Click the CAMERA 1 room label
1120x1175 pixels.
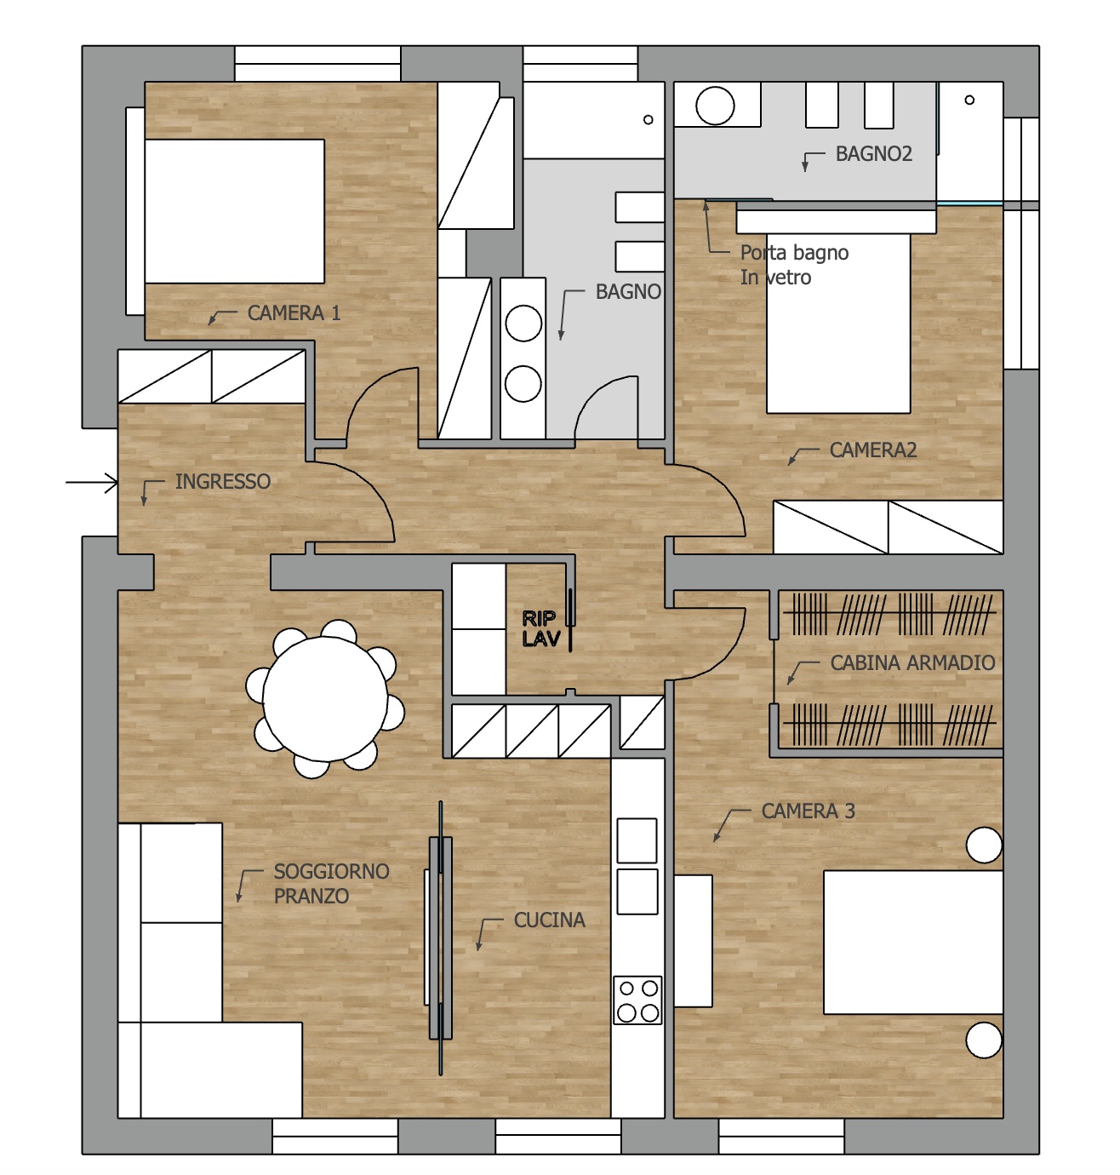pyautogui.click(x=294, y=312)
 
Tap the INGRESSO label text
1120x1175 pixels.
pyautogui.click(x=222, y=481)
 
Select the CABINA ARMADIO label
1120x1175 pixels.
pyautogui.click(x=912, y=662)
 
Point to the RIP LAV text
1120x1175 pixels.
pyautogui.click(x=541, y=628)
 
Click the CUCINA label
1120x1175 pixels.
pyautogui.click(x=549, y=920)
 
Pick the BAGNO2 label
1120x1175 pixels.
pyautogui.click(x=873, y=153)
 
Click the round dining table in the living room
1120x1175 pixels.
pyautogui.click(x=325, y=699)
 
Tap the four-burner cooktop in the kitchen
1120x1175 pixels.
pyautogui.click(x=637, y=1000)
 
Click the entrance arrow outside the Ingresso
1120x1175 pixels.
pyautogui.click(x=91, y=482)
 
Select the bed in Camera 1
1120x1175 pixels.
pyautogui.click(x=234, y=211)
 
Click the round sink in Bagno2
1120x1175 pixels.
pyautogui.click(x=715, y=106)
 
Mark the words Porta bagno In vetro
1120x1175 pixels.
pyautogui.click(x=794, y=265)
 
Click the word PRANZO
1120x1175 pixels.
pyautogui.click(x=311, y=896)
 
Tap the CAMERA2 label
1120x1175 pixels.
pyautogui.click(x=872, y=450)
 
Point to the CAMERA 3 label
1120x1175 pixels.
pyautogui.click(x=808, y=811)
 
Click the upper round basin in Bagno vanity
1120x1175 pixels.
pyautogui.click(x=523, y=324)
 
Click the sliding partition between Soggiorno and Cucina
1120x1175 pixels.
pyautogui.click(x=441, y=937)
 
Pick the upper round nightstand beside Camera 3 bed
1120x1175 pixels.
pyautogui.click(x=984, y=845)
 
